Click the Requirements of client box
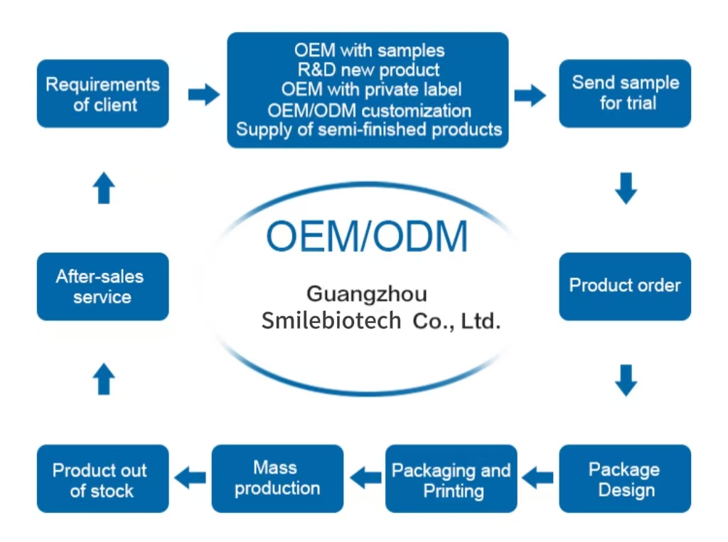point(102,94)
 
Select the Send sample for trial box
point(625,93)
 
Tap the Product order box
point(625,286)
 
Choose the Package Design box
point(625,479)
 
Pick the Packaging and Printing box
point(451,479)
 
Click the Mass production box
point(277,479)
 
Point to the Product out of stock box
point(102,479)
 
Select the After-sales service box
point(102,286)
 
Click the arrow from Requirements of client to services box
point(203,94)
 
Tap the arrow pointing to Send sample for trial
point(530,95)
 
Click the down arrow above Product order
point(626,188)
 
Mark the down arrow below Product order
point(626,380)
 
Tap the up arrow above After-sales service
point(104,188)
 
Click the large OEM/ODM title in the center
point(367,236)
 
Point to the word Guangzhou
point(367,294)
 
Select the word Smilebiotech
point(331,321)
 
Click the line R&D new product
point(368,70)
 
